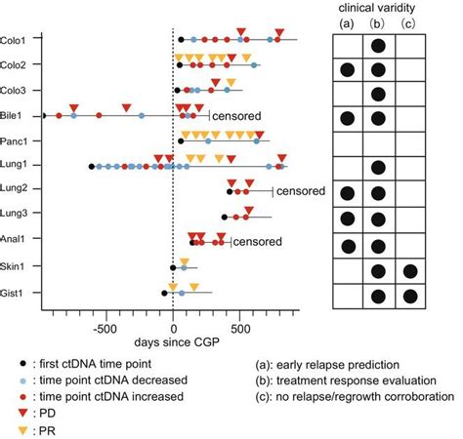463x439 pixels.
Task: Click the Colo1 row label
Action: point(15,40)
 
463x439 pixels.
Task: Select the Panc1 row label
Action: point(15,140)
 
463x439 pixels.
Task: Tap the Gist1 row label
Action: point(15,292)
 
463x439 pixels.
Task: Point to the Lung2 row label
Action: point(15,190)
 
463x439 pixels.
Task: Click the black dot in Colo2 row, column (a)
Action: point(346,68)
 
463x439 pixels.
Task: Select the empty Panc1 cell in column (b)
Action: point(378,141)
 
